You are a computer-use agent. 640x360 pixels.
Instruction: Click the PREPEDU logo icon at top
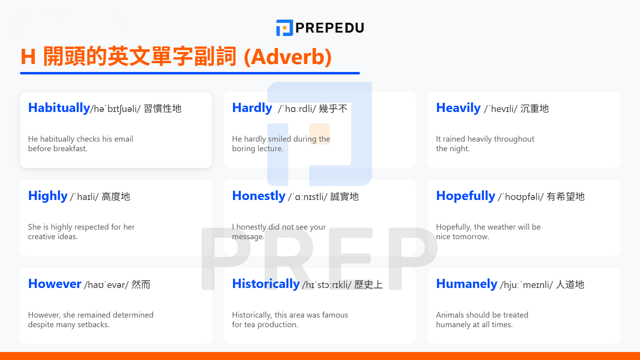click(284, 28)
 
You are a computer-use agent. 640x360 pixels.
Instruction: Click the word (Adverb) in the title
click(288, 57)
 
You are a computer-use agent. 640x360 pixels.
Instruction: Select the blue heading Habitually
click(59, 108)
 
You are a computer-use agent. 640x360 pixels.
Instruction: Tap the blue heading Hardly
click(252, 108)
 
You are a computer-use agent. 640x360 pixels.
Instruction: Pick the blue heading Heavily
click(458, 108)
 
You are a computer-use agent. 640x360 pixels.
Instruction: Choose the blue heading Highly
click(48, 196)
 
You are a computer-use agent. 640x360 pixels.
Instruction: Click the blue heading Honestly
click(258, 196)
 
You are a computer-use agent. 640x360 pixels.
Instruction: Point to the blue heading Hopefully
click(466, 196)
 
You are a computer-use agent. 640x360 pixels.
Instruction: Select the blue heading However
click(55, 284)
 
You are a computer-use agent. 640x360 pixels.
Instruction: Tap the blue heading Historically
click(266, 284)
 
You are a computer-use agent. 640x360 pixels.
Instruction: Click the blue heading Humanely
click(466, 284)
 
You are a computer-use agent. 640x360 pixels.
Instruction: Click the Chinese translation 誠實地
click(344, 196)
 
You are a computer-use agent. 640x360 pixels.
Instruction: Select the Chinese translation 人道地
click(570, 284)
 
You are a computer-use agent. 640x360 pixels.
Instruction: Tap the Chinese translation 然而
click(141, 284)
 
